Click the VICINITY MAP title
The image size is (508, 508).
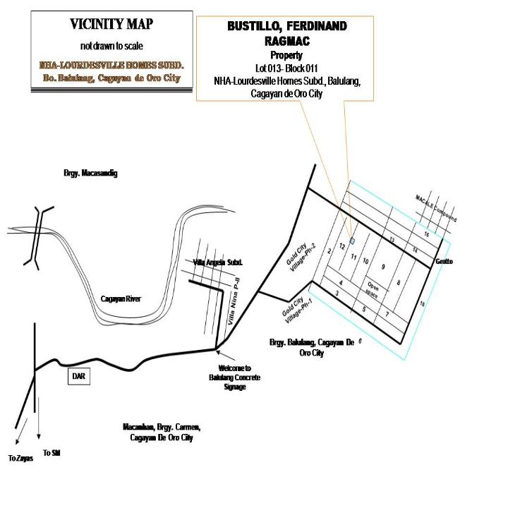(111, 24)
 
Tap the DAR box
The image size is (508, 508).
(79, 376)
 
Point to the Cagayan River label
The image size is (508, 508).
(121, 298)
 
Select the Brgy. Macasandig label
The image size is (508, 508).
(90, 173)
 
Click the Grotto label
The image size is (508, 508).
(445, 261)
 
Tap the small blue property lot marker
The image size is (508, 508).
(353, 241)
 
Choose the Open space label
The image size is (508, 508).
(373, 289)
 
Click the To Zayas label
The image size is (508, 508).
(20, 458)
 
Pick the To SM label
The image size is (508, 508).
(52, 452)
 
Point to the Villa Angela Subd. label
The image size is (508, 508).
(218, 262)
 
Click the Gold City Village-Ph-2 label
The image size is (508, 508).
(301, 258)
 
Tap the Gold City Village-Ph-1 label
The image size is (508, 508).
(297, 310)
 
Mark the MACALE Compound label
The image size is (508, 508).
(436, 208)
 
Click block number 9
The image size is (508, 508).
(383, 267)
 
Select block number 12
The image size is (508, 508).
(342, 246)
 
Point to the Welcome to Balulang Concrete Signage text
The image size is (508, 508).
(234, 377)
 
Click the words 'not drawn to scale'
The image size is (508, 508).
(111, 46)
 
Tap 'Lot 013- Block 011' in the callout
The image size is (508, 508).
(286, 68)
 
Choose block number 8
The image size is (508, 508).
(399, 283)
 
